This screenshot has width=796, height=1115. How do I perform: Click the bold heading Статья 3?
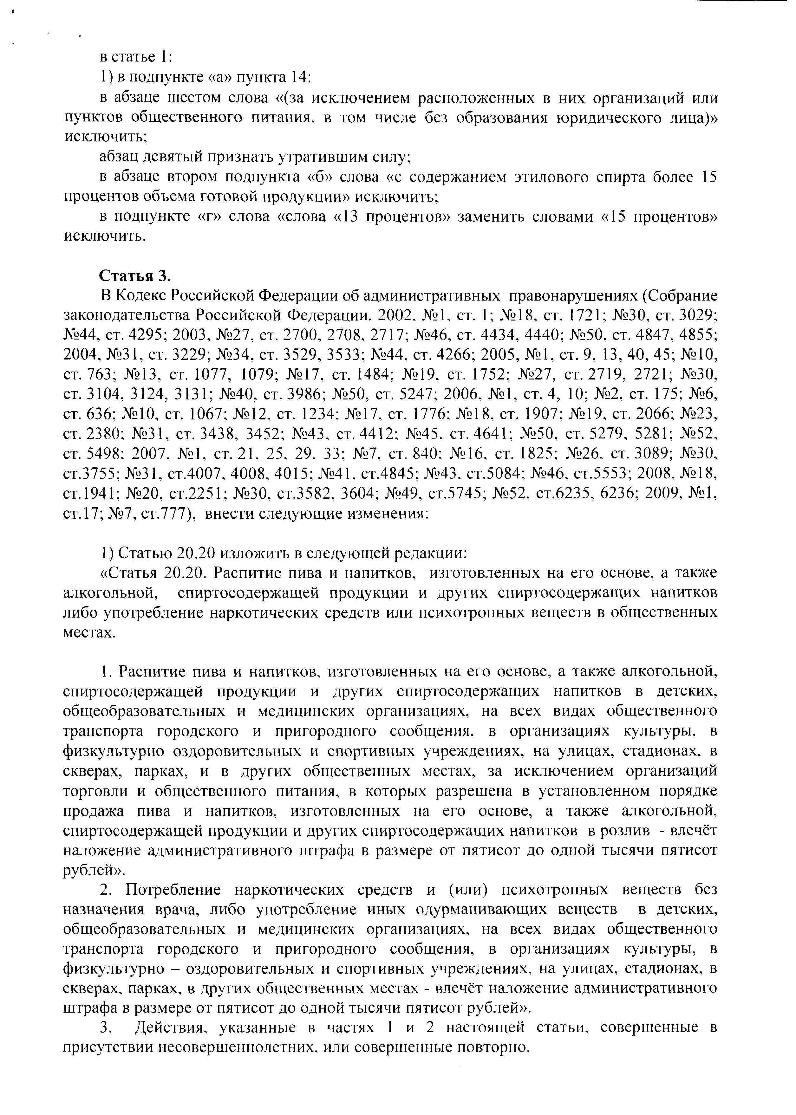(135, 276)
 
